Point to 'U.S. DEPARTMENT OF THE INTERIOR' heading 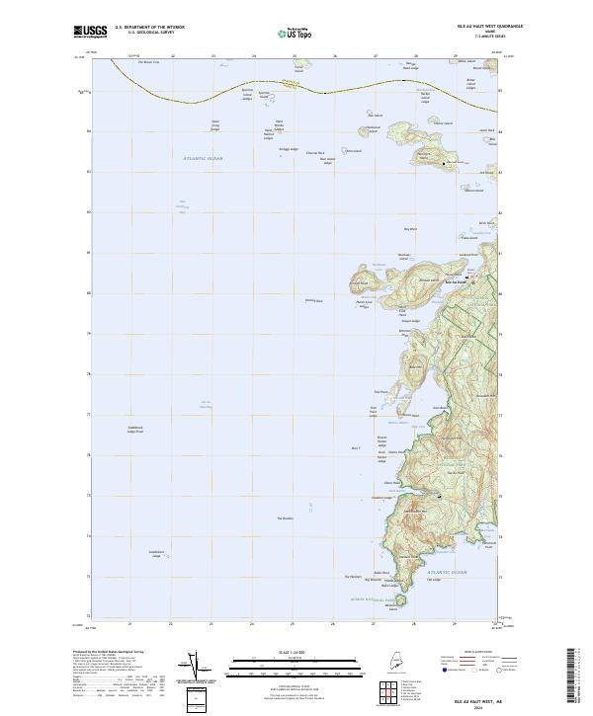pos(150,28)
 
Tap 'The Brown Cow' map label pos(147,62)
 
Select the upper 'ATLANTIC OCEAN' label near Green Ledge pos(204,158)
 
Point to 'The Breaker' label pos(286,518)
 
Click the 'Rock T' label pos(355,447)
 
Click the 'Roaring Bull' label pos(313,300)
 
